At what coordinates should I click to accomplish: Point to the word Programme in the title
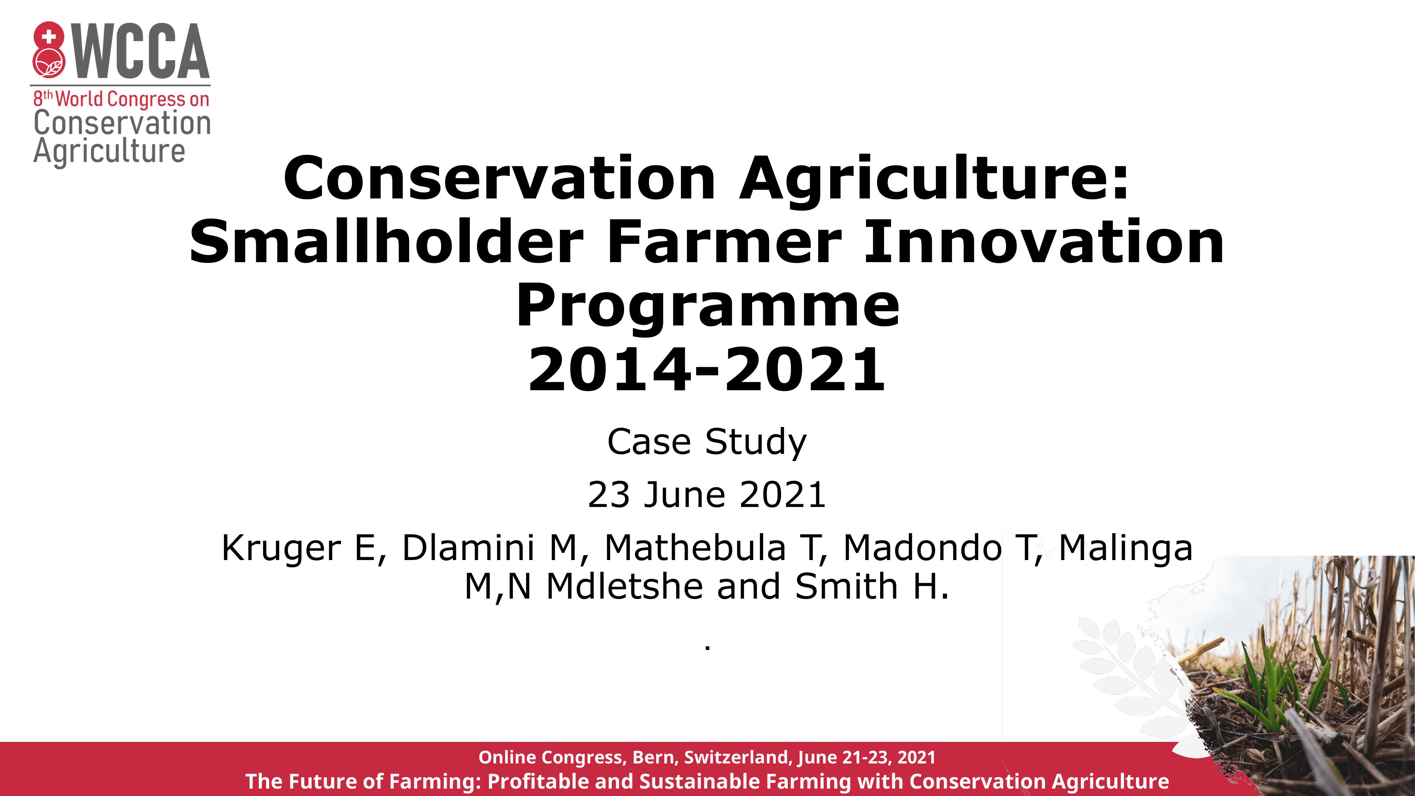pyautogui.click(x=707, y=305)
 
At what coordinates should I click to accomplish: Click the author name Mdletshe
pyautogui.click(x=625, y=586)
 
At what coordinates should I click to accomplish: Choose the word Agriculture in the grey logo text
pyautogui.click(x=109, y=152)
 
